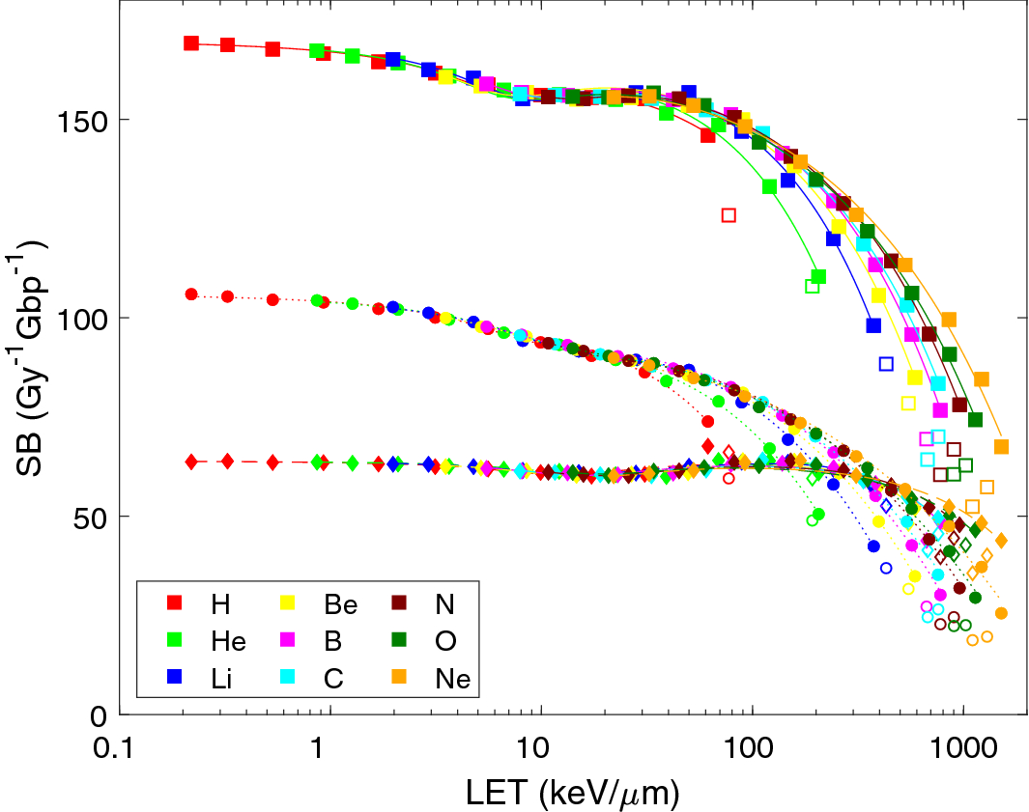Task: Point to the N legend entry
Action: tap(444, 605)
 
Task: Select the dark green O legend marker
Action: tap(406, 641)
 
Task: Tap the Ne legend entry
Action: tap(452, 679)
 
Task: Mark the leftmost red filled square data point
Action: tap(191, 43)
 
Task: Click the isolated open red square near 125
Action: tap(729, 215)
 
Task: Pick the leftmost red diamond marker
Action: tap(191, 462)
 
